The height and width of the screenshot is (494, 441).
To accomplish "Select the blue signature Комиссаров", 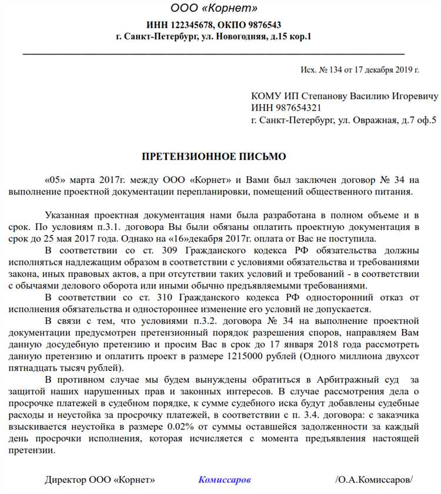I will (x=225, y=480).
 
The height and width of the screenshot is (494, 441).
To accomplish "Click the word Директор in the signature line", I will (x=66, y=480).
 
